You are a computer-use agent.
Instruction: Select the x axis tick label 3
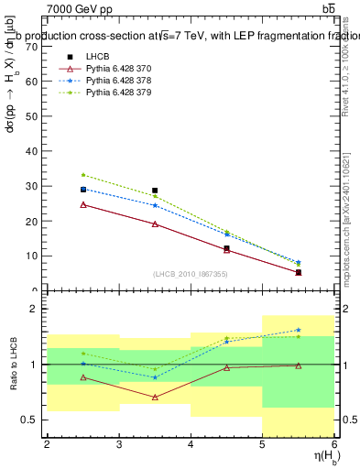coord(118,444)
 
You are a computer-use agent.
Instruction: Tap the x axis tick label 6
coord(334,444)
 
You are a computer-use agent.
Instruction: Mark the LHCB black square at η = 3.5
coord(155,191)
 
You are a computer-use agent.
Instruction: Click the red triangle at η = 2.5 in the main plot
coord(82,204)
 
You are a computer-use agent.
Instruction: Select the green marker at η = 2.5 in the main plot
coord(82,174)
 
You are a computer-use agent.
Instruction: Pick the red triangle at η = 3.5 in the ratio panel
coord(155,397)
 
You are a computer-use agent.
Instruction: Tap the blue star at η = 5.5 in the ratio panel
coord(299,330)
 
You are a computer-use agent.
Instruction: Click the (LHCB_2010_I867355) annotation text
coord(191,274)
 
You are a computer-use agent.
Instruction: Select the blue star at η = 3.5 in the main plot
coord(155,205)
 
